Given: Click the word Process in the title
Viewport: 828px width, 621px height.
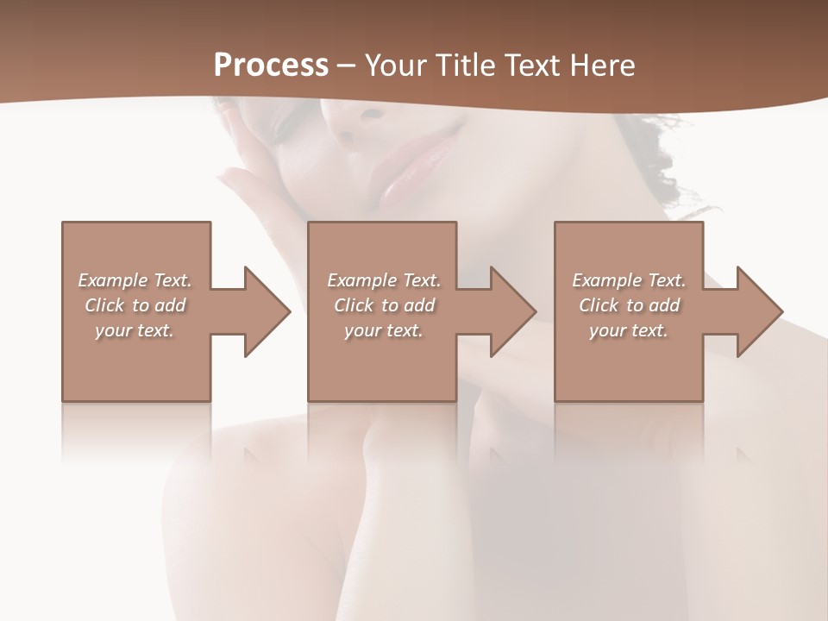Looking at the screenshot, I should click(x=271, y=66).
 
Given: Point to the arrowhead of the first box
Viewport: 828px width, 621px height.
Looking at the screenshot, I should click(x=267, y=311).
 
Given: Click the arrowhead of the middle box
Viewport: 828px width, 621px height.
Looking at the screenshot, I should click(x=513, y=311).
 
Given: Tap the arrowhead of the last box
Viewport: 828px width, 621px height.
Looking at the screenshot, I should click(x=760, y=311).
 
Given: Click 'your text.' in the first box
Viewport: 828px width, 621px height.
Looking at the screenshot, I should click(x=135, y=330).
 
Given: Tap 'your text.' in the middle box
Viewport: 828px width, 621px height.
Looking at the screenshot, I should click(x=383, y=330).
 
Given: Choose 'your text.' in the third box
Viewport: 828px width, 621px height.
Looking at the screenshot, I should click(x=629, y=330).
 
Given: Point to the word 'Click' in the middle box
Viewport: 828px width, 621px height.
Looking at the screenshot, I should click(x=354, y=305).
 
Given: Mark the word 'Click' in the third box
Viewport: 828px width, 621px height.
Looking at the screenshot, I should click(x=599, y=305).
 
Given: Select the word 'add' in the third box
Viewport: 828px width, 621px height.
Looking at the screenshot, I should click(x=664, y=305).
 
